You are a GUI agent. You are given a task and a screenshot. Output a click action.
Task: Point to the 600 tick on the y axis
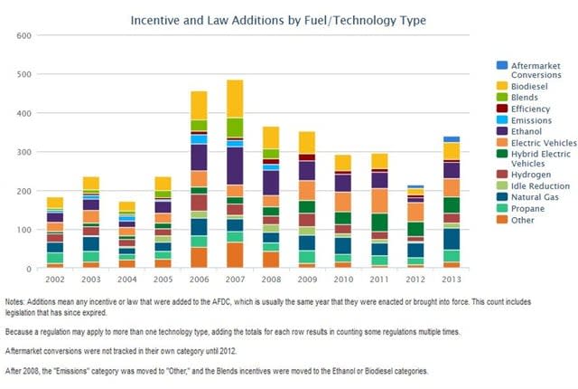24,35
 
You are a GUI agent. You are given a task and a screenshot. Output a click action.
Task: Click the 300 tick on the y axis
24,152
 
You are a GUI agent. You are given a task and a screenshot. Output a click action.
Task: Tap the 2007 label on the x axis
235,278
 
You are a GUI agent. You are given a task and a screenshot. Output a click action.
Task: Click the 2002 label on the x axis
55,278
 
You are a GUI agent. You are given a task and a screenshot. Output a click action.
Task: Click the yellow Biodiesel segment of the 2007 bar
235,99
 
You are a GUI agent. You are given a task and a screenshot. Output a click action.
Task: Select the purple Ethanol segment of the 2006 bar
199,157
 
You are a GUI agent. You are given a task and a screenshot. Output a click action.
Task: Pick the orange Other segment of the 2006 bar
199,258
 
